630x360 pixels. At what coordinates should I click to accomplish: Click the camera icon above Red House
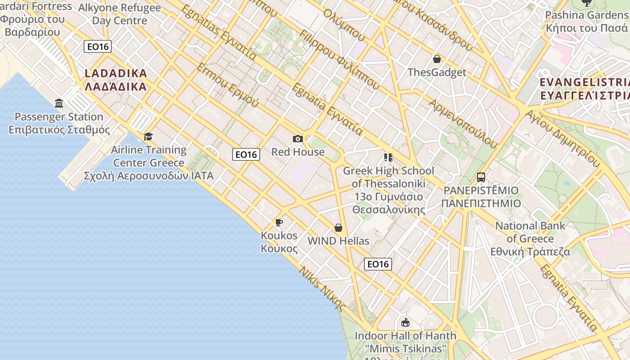(x=297, y=139)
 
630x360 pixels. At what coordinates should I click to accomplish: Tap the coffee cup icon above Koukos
(x=279, y=222)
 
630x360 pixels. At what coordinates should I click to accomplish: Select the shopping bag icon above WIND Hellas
(x=338, y=228)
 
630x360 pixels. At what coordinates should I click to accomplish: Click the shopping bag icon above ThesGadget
(x=436, y=59)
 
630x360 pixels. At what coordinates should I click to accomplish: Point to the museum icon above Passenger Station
(x=59, y=103)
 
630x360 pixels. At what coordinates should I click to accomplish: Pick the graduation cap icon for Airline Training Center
(x=148, y=136)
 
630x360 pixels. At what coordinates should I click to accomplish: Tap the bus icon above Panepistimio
(x=481, y=177)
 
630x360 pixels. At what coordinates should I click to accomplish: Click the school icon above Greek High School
(x=388, y=157)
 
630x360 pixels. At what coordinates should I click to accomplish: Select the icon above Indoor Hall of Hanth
(x=405, y=322)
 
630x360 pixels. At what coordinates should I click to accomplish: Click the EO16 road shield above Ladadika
(x=98, y=46)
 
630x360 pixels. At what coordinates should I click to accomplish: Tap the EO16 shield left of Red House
(x=246, y=154)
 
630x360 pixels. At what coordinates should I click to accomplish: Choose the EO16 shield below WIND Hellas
(x=378, y=264)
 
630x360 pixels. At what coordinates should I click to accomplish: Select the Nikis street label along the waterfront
(x=322, y=289)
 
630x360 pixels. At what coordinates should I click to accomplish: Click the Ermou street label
(x=228, y=85)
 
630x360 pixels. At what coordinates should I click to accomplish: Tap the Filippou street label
(x=339, y=59)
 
